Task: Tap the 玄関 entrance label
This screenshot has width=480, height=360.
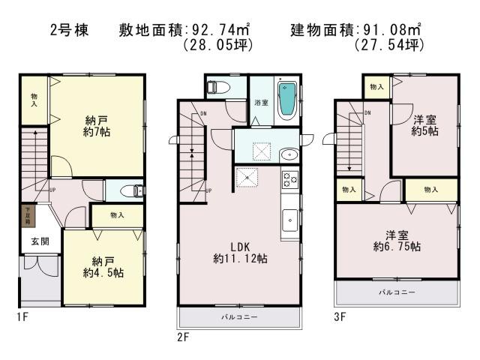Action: click(40, 242)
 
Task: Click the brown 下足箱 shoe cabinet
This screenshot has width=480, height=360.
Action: click(27, 217)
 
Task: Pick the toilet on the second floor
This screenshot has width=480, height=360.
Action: click(217, 87)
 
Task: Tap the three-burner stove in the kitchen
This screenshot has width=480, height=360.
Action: click(289, 181)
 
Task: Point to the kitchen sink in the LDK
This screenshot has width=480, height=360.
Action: click(289, 220)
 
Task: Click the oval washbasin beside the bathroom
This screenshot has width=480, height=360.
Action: click(289, 155)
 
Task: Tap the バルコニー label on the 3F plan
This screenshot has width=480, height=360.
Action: click(395, 291)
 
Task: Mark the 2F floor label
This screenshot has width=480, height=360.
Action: click(183, 337)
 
